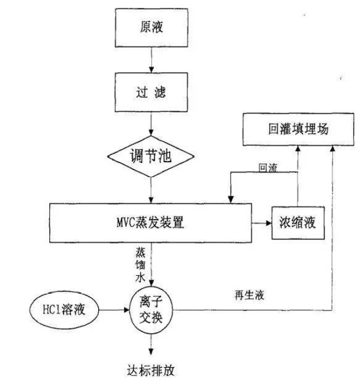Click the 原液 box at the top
pos(152,28)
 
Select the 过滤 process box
pos(151,92)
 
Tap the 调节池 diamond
pos(151,157)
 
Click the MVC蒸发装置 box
pos(150,223)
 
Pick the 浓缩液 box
pos(298,223)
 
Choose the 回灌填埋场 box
pos(298,129)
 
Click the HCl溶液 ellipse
pos(64,310)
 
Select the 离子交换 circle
pos(151,310)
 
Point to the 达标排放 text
pos(151,371)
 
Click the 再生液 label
pos(249,295)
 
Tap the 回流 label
pos(268,168)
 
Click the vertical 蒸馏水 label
pos(140,265)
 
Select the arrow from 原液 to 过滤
pos(151,60)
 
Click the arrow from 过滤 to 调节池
pos(151,124)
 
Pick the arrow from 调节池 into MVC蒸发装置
pos(151,190)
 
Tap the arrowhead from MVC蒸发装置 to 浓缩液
pos(269,223)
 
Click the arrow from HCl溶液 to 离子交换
pos(114,310)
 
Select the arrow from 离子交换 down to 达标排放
pos(151,344)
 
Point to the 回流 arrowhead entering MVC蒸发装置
pos(231,200)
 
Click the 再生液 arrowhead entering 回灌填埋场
pos(333,149)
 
